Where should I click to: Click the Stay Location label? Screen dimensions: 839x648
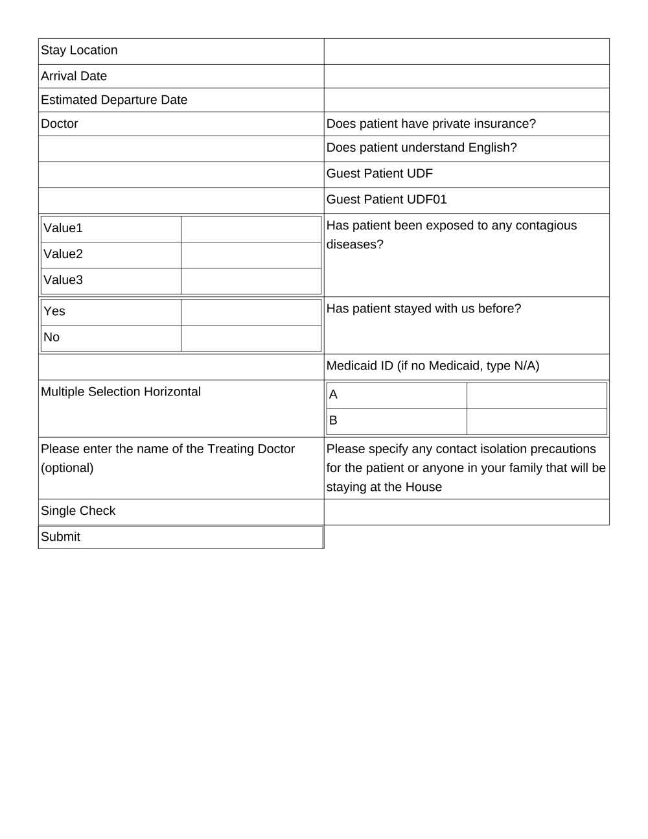79,51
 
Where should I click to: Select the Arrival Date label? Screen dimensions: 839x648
74,76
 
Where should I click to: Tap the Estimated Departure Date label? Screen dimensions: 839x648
114,100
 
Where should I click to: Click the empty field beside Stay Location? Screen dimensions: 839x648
467,51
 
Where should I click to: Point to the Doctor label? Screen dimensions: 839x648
60,124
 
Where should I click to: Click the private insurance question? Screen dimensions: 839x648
431,124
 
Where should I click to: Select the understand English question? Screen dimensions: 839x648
421,148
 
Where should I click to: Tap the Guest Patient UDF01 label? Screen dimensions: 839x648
386,200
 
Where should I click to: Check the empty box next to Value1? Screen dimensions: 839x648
251,229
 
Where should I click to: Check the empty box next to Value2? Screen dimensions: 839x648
251,255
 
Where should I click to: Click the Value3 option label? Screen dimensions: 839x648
64,280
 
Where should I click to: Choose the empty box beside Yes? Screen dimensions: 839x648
251,312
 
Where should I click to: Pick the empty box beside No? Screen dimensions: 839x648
251,338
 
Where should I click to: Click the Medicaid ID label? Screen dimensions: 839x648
432,366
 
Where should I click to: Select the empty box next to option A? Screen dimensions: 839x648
537,395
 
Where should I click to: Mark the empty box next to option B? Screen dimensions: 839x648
537,421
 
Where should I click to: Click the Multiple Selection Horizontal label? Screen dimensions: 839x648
121,392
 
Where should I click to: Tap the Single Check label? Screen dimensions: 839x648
78,511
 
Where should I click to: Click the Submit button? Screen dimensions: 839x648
180,537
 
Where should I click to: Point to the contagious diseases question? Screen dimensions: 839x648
451,235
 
